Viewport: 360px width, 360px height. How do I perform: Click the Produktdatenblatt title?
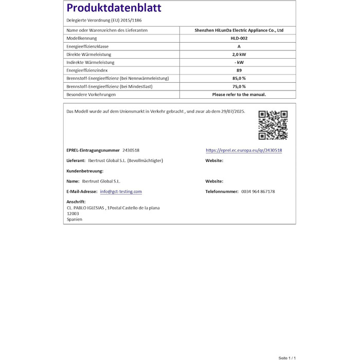point(114,8)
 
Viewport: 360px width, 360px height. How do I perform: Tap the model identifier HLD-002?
point(239,39)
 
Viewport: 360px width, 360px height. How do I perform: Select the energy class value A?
point(239,46)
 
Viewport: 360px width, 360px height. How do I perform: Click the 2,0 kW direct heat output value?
point(239,55)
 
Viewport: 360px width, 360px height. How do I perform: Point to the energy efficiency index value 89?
point(239,70)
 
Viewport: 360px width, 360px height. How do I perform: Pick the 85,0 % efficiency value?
point(239,78)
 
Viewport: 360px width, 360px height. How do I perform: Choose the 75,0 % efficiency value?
point(239,86)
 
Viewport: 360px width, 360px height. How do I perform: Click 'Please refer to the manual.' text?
point(239,95)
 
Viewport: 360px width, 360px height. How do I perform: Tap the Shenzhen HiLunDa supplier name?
point(239,30)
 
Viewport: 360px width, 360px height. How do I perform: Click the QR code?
point(273,125)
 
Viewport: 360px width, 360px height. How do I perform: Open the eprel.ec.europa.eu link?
point(244,150)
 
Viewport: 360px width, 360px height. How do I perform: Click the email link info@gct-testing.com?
point(121,191)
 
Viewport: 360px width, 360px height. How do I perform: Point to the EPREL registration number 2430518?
point(131,150)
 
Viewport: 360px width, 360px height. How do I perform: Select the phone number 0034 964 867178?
point(258,191)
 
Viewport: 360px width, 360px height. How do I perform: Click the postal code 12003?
point(73,213)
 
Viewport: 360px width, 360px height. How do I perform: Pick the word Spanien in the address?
point(75,219)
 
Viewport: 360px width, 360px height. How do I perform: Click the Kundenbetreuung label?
point(85,171)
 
